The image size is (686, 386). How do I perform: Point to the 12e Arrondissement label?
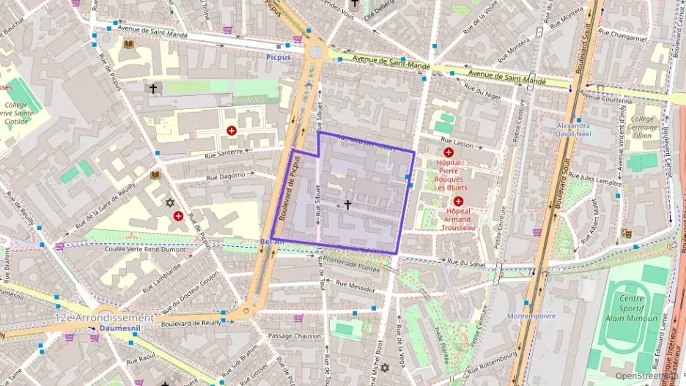105,318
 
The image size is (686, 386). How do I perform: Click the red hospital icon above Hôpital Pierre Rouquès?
448,152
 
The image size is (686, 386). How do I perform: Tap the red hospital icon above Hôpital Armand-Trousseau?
458,201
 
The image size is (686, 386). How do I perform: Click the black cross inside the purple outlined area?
347,205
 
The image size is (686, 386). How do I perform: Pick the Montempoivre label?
531,316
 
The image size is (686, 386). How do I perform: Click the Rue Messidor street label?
354,287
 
